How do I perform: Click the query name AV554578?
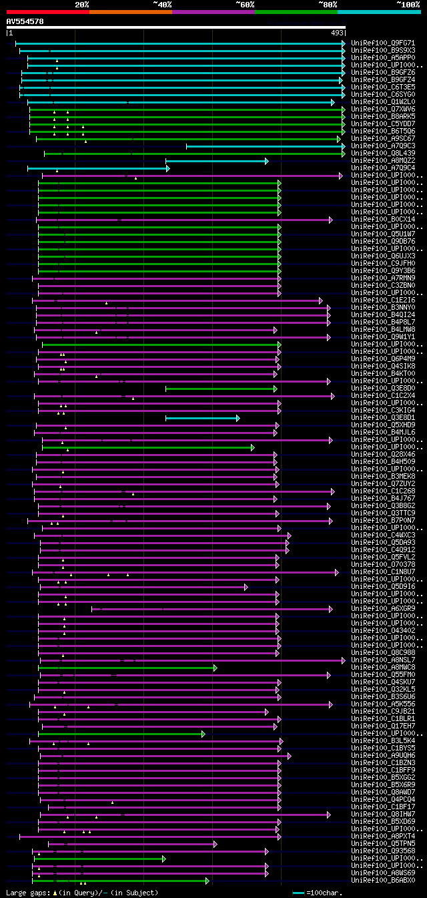click(25, 21)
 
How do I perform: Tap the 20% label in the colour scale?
click(82, 4)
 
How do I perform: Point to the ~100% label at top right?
click(408, 4)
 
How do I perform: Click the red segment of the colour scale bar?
click(47, 11)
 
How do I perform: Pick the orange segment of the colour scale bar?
click(130, 11)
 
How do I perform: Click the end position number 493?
click(337, 33)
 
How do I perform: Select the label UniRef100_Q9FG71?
click(383, 43)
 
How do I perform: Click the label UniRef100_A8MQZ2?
click(383, 161)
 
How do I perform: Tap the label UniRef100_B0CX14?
click(383, 220)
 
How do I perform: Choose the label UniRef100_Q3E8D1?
click(383, 418)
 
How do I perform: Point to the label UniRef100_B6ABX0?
click(383, 881)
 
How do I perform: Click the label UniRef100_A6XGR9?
click(383, 609)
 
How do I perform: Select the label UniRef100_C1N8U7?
click(383, 572)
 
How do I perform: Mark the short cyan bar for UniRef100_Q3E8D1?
click(201, 418)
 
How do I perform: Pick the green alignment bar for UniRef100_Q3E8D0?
click(220, 389)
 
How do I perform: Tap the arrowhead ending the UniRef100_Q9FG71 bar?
click(344, 43)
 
